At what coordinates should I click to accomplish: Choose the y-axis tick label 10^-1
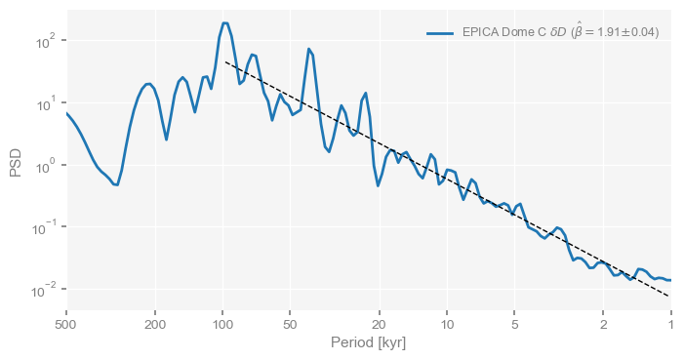(45, 228)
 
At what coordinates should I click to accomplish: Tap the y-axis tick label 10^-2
(45, 291)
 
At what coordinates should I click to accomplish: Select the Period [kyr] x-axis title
(368, 343)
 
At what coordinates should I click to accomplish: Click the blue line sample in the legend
(440, 33)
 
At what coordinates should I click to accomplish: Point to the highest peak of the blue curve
(224, 22)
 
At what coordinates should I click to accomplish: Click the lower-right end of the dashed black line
(669, 296)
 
